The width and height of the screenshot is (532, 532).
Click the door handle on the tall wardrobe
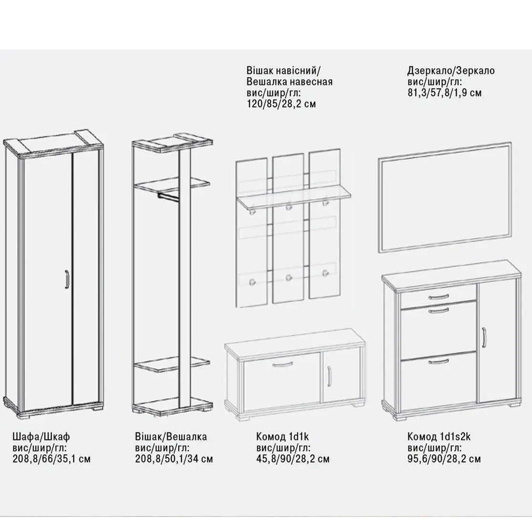pyautogui.click(x=67, y=279)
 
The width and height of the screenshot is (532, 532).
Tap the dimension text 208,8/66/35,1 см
pyautogui.click(x=51, y=459)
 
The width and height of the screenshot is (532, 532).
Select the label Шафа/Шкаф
pyautogui.click(x=41, y=437)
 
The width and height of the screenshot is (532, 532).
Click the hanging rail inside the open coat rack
pyautogui.click(x=168, y=197)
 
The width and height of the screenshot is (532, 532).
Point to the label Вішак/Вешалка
pyautogui.click(x=171, y=437)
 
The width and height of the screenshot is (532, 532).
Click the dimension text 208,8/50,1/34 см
pyautogui.click(x=174, y=459)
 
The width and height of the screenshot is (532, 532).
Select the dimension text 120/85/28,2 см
pyautogui.click(x=281, y=104)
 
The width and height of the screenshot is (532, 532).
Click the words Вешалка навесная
pyautogui.click(x=289, y=82)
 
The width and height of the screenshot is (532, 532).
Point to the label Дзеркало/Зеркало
pyautogui.click(x=451, y=71)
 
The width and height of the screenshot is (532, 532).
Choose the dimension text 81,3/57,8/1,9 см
pyautogui.click(x=444, y=92)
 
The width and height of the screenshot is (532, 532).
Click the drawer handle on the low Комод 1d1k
pyautogui.click(x=282, y=365)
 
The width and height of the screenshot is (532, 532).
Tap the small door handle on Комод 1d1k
pyautogui.click(x=329, y=376)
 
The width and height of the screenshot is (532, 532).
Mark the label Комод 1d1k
pyautogui.click(x=282, y=437)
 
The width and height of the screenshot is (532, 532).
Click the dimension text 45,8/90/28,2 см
pyautogui.click(x=293, y=459)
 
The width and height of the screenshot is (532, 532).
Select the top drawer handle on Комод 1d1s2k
pyautogui.click(x=439, y=297)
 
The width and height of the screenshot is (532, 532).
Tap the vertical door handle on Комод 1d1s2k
pyautogui.click(x=484, y=338)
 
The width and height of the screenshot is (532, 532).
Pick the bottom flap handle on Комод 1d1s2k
pyautogui.click(x=439, y=361)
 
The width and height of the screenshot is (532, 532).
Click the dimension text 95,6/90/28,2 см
pyautogui.click(x=444, y=459)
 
